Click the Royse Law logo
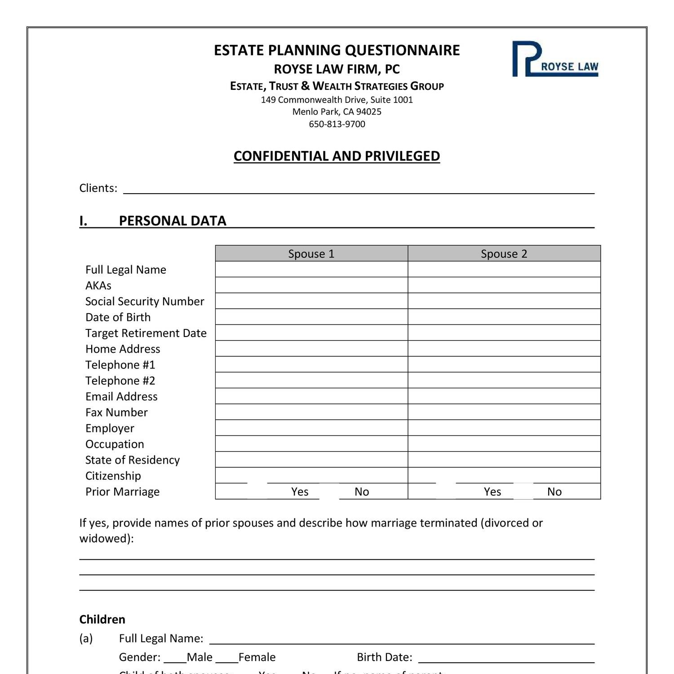[x=555, y=59]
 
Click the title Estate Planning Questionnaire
[x=337, y=50]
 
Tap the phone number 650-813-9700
[x=337, y=124]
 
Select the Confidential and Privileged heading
[x=337, y=156]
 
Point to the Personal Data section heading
[x=172, y=221]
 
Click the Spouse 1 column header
[x=311, y=253]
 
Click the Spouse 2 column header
[x=504, y=253]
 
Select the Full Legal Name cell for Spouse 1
[x=311, y=270]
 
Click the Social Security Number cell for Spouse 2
[x=504, y=301]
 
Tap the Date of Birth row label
[x=118, y=317]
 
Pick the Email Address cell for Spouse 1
[x=311, y=396]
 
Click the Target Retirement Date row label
[x=146, y=333]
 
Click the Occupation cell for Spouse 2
[x=504, y=444]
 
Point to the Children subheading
[x=102, y=619]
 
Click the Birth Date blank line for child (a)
[x=506, y=658]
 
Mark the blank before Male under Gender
[x=175, y=658]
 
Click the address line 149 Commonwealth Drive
[x=337, y=100]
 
